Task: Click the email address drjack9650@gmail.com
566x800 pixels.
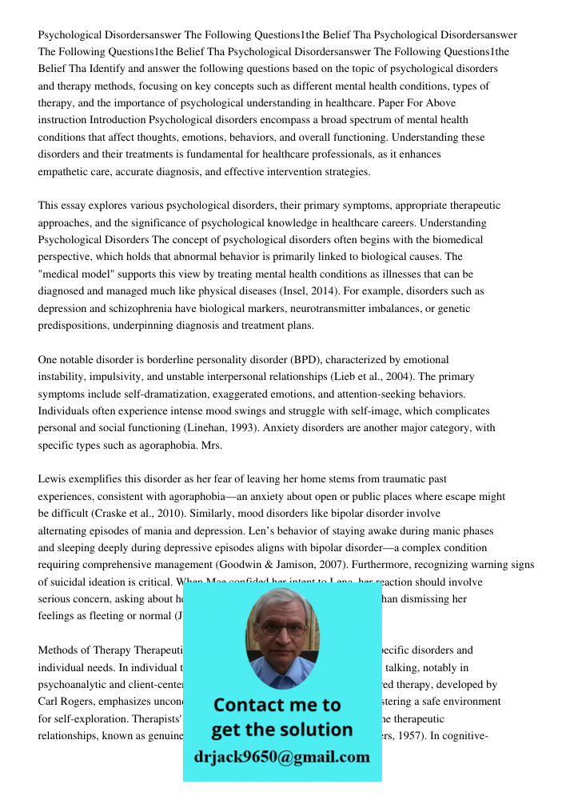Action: (281, 757)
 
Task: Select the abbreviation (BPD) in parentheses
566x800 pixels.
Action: (304, 360)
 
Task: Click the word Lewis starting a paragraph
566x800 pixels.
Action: (52, 479)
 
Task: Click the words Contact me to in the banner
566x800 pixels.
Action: (277, 705)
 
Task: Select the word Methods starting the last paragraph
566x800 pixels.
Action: (59, 650)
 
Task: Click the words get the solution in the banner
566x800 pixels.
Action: (281, 730)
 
